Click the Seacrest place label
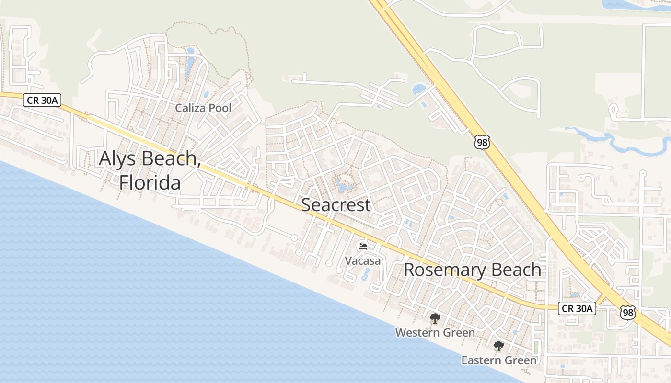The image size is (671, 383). point(335,205)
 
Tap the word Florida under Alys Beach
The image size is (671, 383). point(150,182)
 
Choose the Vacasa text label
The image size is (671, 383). point(363,261)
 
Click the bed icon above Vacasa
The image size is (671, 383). point(363,247)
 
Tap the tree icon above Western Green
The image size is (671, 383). point(435,318)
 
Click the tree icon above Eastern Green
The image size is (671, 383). point(499,346)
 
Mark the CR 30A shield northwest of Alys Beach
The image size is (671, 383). point(37,100)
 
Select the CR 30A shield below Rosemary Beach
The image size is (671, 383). point(577,308)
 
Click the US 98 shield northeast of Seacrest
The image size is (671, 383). point(482,142)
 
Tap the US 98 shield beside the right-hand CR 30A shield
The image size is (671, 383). point(627,313)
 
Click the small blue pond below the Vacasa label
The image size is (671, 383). point(367,274)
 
